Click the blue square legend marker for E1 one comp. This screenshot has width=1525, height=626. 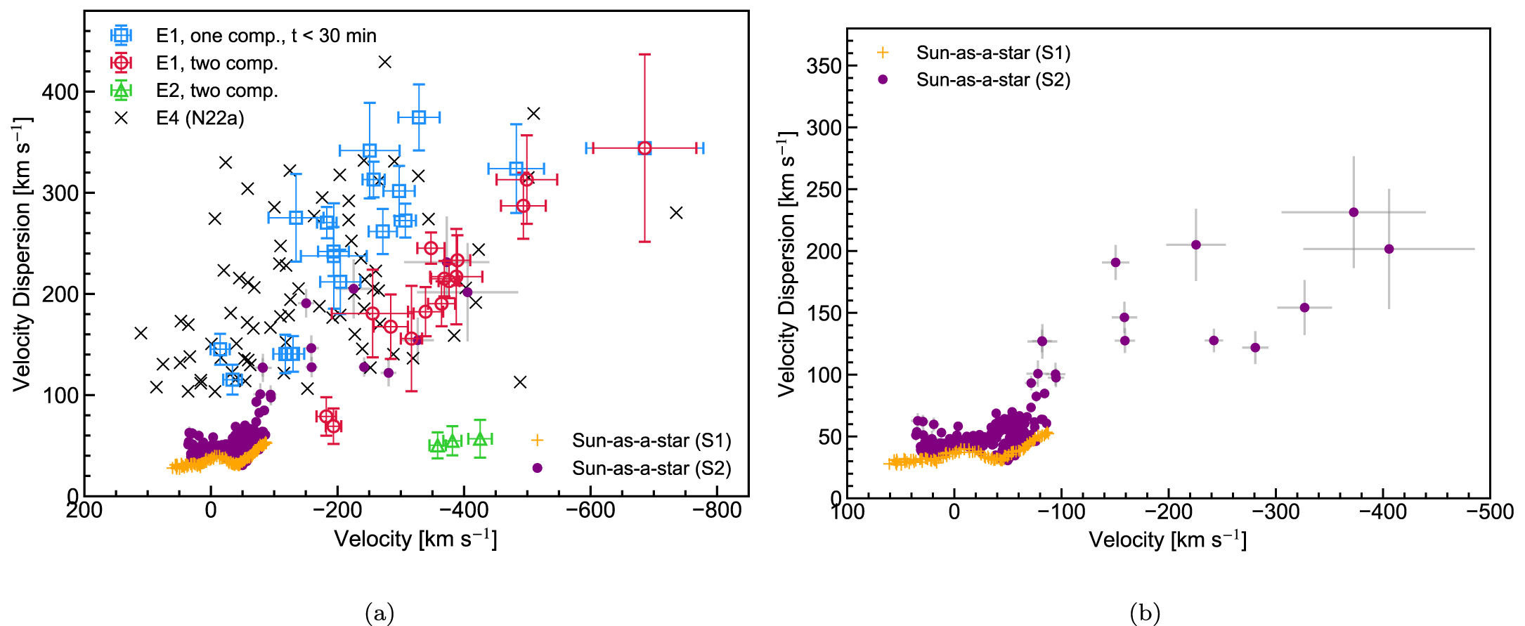[122, 35]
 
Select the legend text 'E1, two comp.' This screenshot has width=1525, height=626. [216, 63]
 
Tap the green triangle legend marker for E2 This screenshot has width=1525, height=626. [122, 90]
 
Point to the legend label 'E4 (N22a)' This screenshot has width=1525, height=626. [200, 118]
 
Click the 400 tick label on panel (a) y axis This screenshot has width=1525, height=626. [60, 92]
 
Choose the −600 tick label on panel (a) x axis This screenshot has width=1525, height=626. [590, 510]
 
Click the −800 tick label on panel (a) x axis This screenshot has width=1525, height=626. [716, 510]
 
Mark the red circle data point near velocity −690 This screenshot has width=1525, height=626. [644, 148]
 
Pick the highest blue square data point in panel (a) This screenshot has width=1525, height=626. [419, 117]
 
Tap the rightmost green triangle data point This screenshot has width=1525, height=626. [480, 439]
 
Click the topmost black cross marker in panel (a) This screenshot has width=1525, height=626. [384, 62]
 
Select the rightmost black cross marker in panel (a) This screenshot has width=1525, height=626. [676, 212]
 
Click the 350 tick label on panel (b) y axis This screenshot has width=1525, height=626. [824, 66]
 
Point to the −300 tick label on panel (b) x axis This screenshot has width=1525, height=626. [1276, 511]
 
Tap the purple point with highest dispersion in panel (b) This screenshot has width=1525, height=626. [1354, 212]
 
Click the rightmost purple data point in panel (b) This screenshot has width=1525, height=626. [1389, 249]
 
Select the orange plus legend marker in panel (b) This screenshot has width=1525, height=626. [883, 53]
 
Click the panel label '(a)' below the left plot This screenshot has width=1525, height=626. [379, 613]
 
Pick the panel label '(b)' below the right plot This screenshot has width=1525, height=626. [1145, 613]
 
